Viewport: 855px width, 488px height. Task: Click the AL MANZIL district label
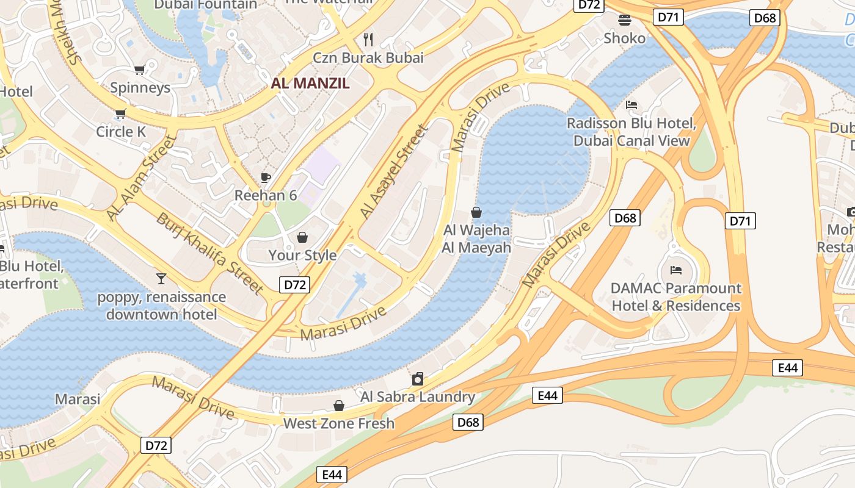tap(310, 84)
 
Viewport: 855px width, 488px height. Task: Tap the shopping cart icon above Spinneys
tap(139, 70)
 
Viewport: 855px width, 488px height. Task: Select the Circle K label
tap(123, 132)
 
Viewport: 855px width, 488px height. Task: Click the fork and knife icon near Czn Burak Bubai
tap(368, 40)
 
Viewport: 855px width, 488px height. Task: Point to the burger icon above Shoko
tap(624, 20)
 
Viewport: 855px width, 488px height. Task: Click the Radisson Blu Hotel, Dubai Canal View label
tap(631, 132)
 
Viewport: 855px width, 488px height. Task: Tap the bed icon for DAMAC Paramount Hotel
tap(676, 270)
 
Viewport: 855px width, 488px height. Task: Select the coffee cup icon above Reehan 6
tap(266, 178)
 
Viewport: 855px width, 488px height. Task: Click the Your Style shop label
tap(302, 255)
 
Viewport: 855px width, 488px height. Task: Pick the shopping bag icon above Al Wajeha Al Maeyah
tap(476, 212)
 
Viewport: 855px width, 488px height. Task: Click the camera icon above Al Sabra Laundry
tap(418, 379)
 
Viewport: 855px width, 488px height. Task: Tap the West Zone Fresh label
tap(339, 423)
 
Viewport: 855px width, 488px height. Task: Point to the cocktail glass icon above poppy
tap(161, 279)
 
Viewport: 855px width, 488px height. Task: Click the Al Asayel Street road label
tap(393, 172)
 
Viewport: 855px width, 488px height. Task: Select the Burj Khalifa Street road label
tap(209, 252)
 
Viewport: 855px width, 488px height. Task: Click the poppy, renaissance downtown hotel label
tap(162, 306)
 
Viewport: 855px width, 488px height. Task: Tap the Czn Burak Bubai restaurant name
tap(368, 58)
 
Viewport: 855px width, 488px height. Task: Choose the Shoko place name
tap(624, 38)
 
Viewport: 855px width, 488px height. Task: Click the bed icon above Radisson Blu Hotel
tap(631, 105)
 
